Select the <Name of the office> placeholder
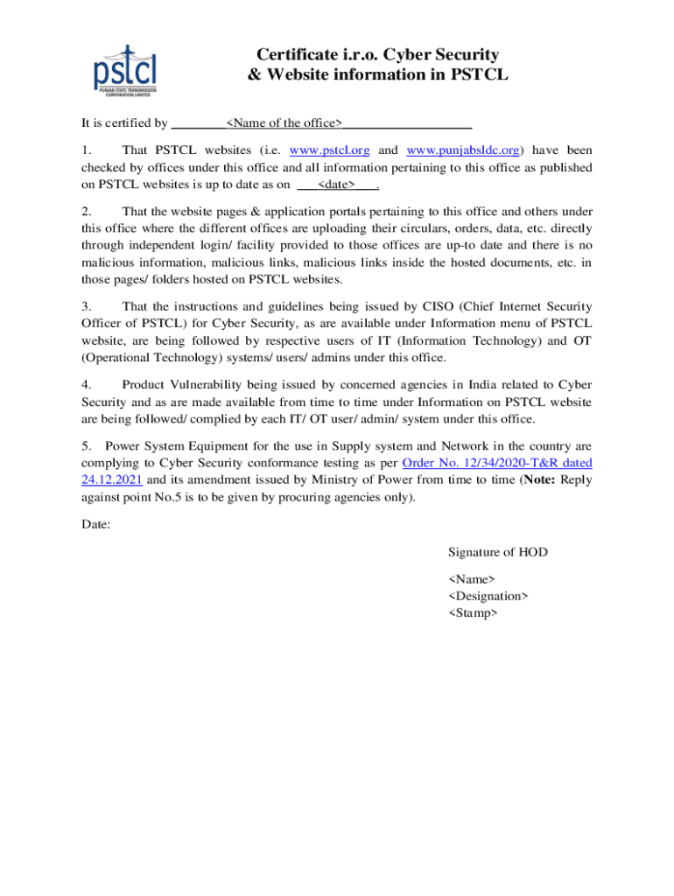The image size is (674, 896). pos(284,123)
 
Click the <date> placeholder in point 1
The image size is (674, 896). pos(336,185)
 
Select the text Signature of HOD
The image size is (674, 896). pos(498,552)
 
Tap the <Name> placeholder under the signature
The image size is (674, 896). pos(472,579)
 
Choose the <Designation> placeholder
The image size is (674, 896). pos(488,596)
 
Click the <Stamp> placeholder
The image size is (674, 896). pos(474,613)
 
